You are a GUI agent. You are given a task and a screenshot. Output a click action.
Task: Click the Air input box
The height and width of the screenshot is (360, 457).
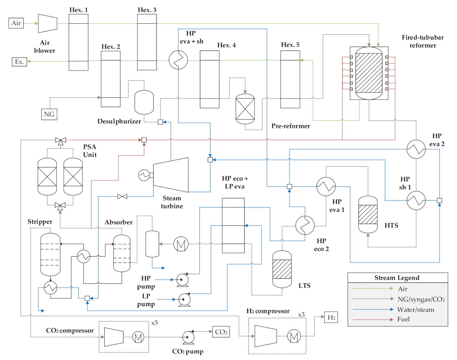pos(16,23)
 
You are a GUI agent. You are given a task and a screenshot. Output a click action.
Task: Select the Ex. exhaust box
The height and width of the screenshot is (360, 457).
pos(19,62)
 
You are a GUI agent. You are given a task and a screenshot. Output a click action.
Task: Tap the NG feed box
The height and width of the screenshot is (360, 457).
pos(49,114)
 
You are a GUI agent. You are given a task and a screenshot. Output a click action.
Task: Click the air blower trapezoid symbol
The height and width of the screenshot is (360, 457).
pos(48,23)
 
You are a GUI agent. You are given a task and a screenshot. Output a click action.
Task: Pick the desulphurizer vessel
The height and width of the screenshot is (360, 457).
pos(144,102)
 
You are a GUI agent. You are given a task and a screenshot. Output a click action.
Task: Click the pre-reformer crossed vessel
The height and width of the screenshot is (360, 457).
pos(245,109)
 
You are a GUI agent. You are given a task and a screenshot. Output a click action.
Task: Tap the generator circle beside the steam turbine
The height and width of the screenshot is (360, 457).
pos(144,175)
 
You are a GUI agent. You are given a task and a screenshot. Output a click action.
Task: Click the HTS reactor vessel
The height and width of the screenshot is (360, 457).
pos(368,214)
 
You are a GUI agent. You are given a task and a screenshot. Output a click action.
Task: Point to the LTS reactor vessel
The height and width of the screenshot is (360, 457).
pos(282,269)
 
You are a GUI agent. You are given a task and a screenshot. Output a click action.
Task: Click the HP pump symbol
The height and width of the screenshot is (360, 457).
pos(182,280)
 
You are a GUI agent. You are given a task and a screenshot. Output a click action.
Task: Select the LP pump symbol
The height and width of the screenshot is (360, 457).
pos(184,300)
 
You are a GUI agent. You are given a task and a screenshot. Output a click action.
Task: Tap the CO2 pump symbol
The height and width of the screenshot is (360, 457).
pos(188,337)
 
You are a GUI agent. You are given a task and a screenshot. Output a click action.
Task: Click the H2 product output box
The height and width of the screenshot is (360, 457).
pos(331,317)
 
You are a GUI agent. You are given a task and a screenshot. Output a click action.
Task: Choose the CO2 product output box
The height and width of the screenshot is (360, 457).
pos(221,332)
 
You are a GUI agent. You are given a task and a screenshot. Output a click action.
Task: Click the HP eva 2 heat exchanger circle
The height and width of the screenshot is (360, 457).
pos(416,149)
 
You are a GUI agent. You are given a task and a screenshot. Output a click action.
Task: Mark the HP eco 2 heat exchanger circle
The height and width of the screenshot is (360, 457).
pos(305,225)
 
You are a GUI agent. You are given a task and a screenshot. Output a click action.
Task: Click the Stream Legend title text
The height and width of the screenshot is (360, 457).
pos(397,278)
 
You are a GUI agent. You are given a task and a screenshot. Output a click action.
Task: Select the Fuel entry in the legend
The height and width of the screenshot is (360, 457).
pos(403,319)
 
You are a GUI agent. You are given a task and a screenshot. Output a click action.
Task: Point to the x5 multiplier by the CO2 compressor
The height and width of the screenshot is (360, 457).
pos(154,323)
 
